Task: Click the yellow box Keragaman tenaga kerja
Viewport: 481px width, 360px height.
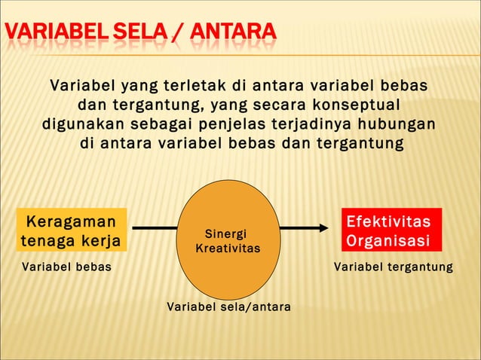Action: [72, 230]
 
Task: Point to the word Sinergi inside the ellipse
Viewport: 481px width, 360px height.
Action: [226, 234]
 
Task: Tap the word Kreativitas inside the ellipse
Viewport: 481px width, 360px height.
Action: [228, 248]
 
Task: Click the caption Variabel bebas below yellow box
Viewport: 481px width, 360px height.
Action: [66, 267]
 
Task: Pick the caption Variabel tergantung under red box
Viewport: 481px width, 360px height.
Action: [394, 267]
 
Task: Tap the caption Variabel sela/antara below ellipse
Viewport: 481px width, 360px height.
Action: [228, 307]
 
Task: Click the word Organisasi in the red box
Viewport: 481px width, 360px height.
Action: [388, 241]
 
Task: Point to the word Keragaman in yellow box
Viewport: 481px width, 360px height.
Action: [72, 221]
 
